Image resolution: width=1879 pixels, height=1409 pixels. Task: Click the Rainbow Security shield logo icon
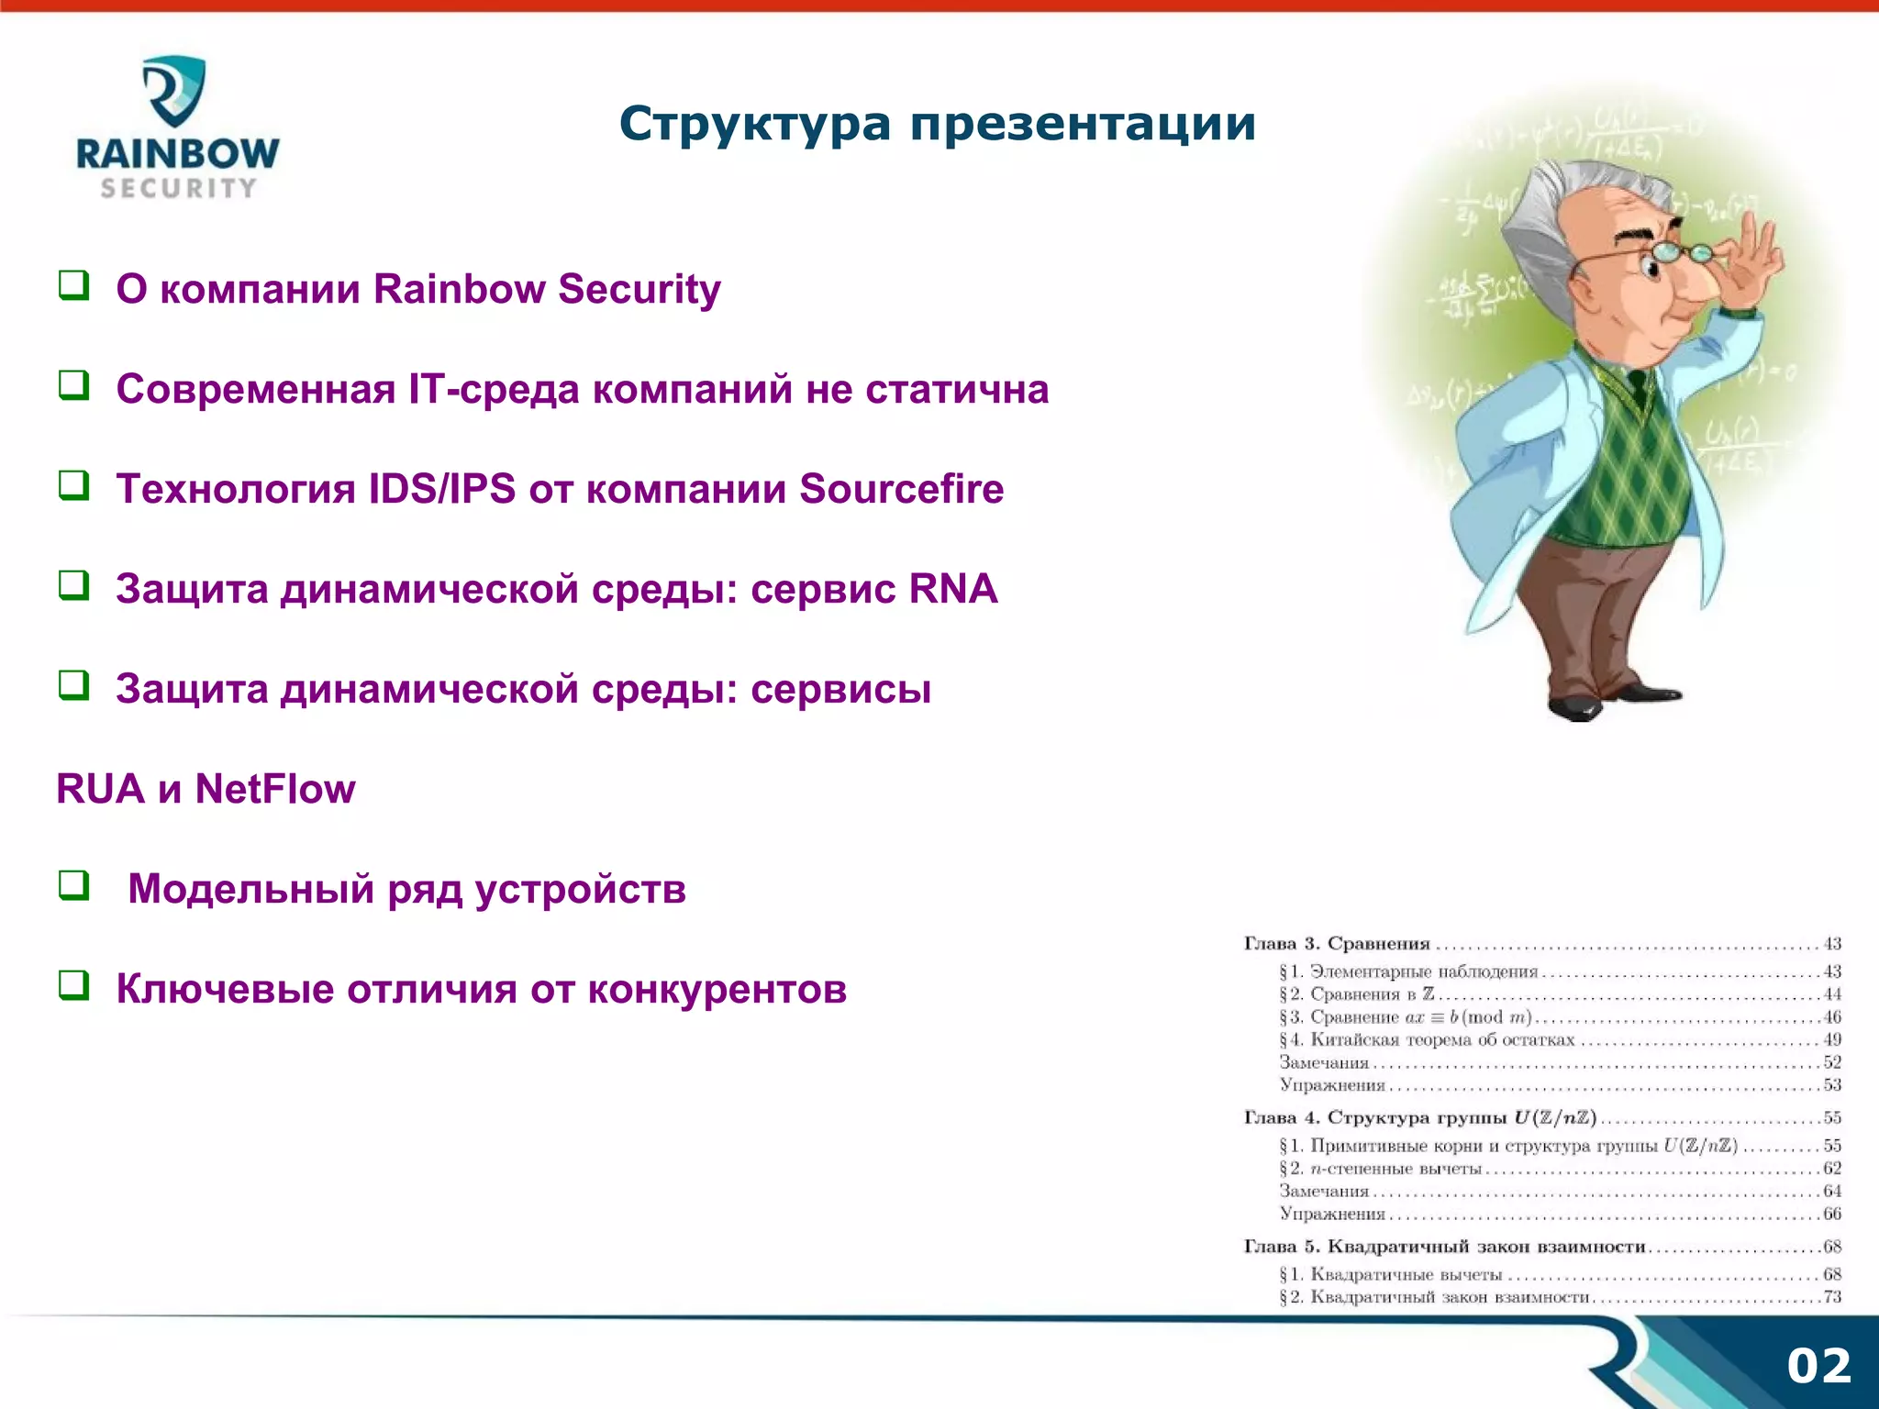click(x=174, y=90)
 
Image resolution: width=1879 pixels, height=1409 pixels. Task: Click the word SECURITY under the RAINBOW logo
click(x=178, y=188)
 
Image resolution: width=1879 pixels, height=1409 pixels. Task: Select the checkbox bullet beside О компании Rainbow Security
click(x=74, y=285)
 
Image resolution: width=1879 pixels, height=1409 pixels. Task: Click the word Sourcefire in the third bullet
click(x=901, y=489)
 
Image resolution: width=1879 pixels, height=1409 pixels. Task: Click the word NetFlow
click(x=274, y=789)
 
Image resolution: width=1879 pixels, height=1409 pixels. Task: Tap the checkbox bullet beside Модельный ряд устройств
click(x=74, y=885)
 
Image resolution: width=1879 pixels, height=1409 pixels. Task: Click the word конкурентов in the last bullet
click(x=717, y=990)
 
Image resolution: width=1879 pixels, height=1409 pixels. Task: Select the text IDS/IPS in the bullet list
click(x=442, y=489)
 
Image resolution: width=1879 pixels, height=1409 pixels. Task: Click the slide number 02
click(x=1818, y=1366)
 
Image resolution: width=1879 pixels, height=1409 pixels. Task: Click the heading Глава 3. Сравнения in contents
click(x=1337, y=944)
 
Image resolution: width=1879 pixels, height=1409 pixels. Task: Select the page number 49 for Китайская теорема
click(x=1831, y=1040)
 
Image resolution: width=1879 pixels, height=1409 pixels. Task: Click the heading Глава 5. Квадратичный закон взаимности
click(x=1444, y=1247)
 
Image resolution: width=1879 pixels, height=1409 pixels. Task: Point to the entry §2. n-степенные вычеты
click(x=1380, y=1169)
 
